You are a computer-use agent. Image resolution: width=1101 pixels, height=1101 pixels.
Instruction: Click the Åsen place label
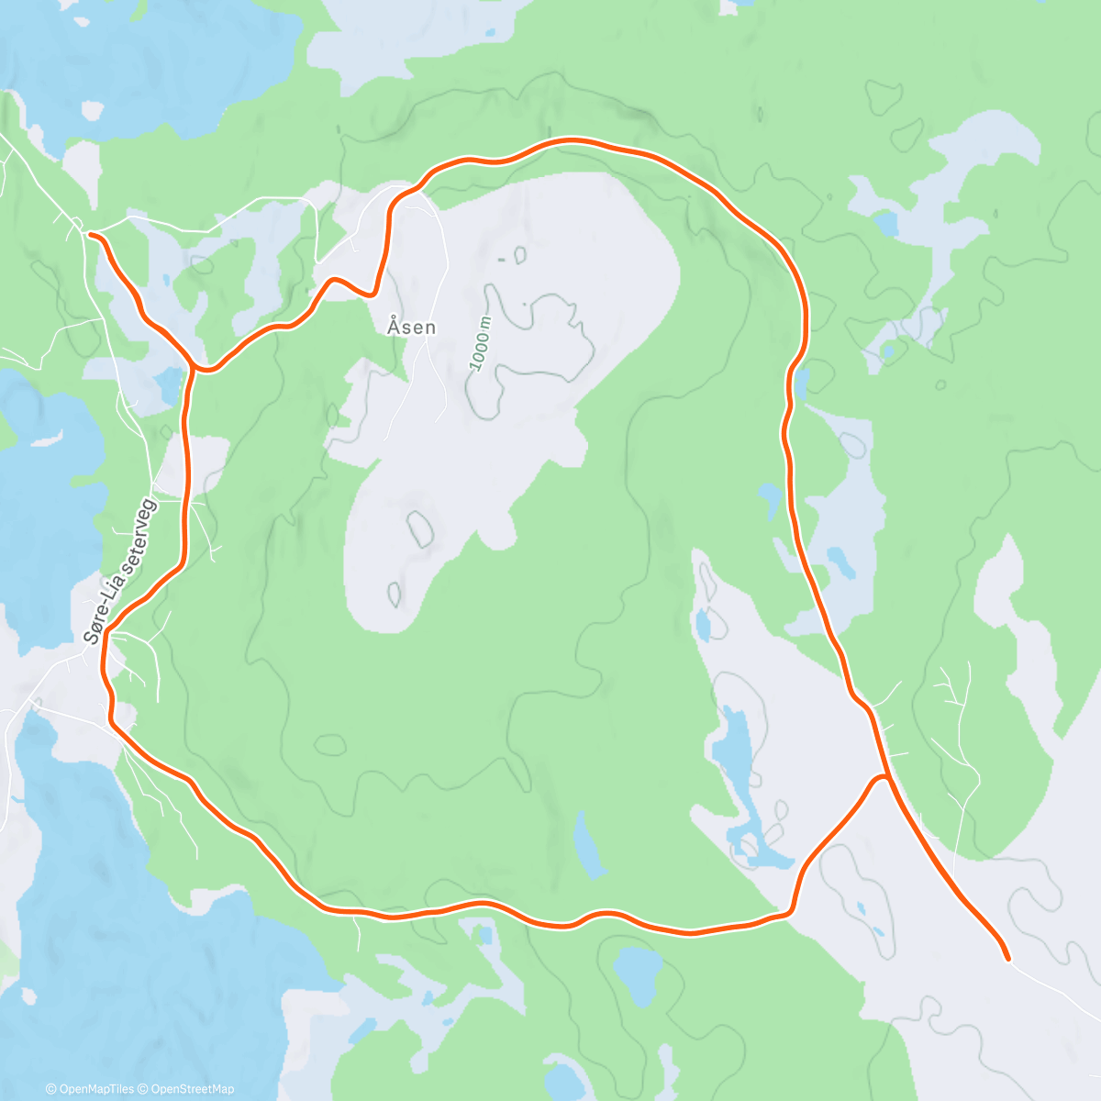click(x=411, y=327)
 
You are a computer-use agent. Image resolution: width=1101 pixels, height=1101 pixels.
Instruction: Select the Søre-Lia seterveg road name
click(x=120, y=570)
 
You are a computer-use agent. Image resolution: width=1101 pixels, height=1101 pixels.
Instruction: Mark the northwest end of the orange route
click(x=89, y=235)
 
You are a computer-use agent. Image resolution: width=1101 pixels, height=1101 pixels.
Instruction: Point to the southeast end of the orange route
click(x=1007, y=959)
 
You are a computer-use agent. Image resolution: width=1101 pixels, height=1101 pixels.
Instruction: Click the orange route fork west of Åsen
click(x=195, y=367)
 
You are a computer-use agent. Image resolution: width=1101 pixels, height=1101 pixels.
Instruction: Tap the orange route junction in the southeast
click(x=884, y=777)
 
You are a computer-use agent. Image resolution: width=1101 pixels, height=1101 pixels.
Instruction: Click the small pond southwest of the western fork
click(x=170, y=385)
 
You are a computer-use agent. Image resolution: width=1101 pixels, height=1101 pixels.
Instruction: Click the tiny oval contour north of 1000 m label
click(x=521, y=254)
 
